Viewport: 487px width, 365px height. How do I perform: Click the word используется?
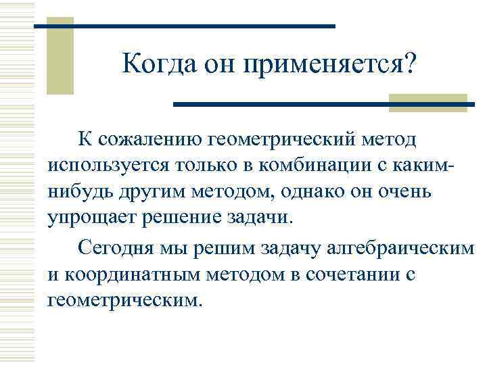pos(110,166)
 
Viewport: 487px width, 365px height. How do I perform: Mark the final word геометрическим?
pos(125,299)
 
